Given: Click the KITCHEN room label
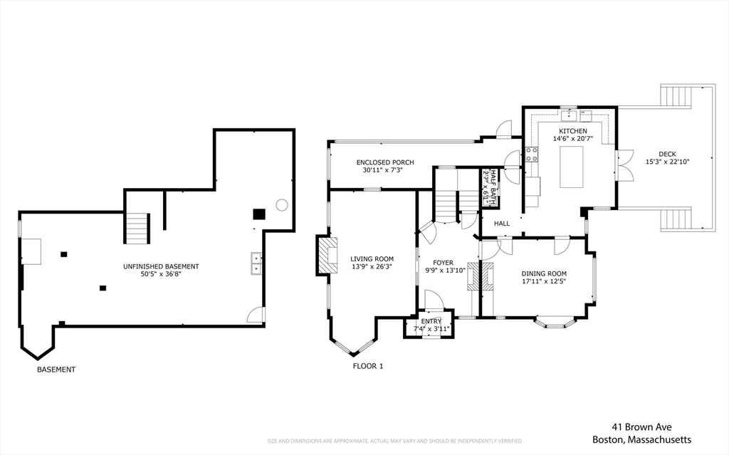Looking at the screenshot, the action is coord(573,131).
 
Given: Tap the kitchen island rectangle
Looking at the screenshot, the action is coord(572,167).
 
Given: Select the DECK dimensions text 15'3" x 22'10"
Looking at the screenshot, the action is coord(667,162).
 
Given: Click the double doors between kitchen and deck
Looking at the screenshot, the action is coord(626,165).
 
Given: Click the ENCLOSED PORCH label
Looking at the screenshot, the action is coord(385,162).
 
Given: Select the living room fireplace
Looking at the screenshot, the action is coord(327,256).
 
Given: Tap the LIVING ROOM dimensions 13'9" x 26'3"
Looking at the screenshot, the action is coord(372,267).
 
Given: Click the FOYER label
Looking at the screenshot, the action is coord(443,263).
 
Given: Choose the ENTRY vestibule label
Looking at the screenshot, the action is coord(431,321).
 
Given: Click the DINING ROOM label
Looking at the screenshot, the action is coord(544,273).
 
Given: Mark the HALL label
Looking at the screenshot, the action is coord(502,224).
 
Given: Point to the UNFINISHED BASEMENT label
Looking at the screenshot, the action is coord(161,266).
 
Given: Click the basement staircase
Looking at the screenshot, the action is coord(137,228).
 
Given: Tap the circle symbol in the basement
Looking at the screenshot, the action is coord(282,204).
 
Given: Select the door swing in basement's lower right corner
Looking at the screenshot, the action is coord(256,315).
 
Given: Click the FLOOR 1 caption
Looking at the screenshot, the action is coord(368,366).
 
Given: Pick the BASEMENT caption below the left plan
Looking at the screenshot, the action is coord(56,370).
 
